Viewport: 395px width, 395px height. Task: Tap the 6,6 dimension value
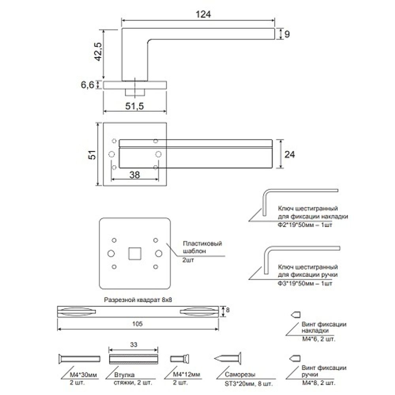(87, 85)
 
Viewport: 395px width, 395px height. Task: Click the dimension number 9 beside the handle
(287, 34)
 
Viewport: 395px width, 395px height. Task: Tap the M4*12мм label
(186, 374)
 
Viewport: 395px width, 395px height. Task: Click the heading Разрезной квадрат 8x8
(137, 300)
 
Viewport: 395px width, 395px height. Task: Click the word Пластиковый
(202, 243)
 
